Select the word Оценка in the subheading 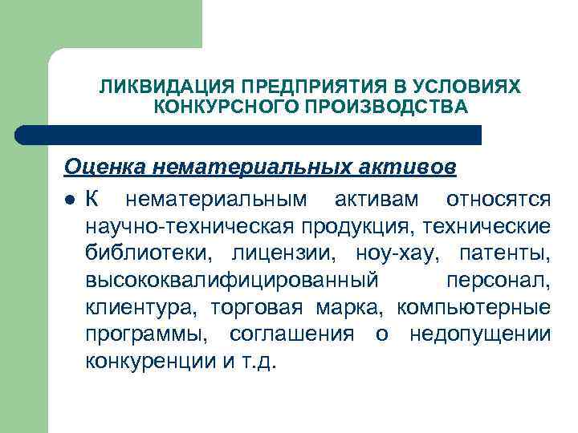click(x=104, y=167)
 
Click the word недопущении click(x=480, y=334)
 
